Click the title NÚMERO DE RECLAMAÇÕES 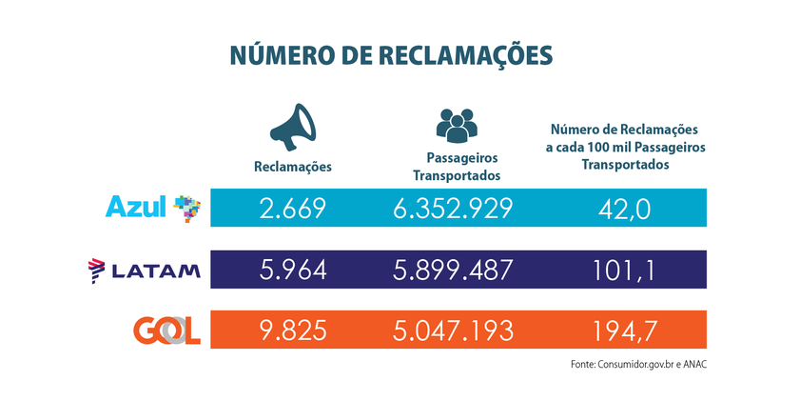390,55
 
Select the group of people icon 456,125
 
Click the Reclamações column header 293,167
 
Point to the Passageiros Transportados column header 457,167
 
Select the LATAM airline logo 144,271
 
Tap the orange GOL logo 166,331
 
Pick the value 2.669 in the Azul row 293,209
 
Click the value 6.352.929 454,209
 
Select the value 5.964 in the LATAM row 293,271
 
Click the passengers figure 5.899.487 454,271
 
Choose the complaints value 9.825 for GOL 293,331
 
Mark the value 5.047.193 454,331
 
